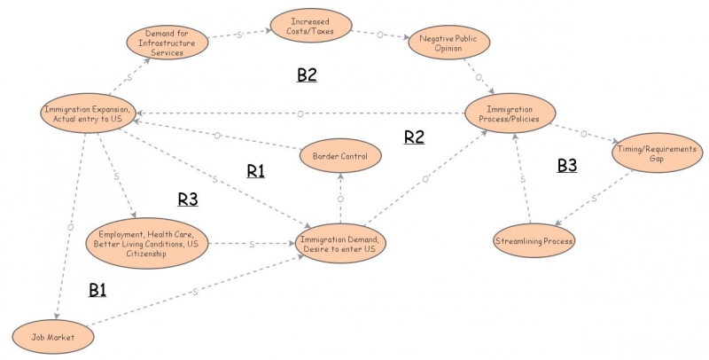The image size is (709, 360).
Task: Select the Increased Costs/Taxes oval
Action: click(x=308, y=25)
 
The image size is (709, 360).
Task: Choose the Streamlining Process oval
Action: click(x=534, y=240)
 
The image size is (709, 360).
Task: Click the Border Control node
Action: click(x=340, y=156)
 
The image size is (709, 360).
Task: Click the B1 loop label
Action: click(x=97, y=290)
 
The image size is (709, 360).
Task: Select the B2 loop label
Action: click(x=307, y=75)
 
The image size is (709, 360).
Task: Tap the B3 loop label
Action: click(x=566, y=165)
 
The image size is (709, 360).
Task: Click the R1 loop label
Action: click(x=255, y=171)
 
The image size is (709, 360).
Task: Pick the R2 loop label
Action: click(x=415, y=137)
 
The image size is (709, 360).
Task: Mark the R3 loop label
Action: click(x=187, y=200)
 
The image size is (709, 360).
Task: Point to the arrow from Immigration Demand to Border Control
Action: click(x=340, y=197)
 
